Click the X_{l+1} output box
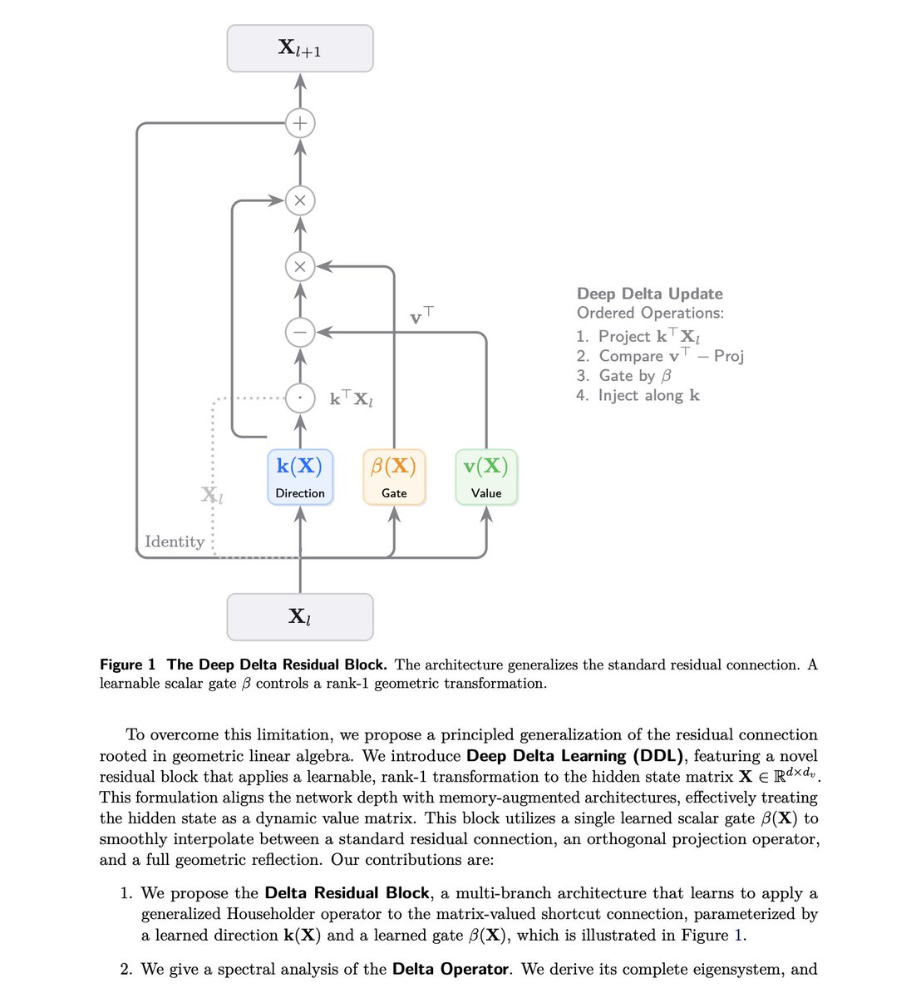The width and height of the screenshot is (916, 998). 300,48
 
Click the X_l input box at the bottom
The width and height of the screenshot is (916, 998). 300,616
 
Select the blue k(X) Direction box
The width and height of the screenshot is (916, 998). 300,477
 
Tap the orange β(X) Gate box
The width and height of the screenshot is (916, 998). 394,477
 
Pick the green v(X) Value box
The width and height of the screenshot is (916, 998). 486,477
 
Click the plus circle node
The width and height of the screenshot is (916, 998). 300,124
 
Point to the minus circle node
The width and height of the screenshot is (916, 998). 300,333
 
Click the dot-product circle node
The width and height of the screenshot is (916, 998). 300,398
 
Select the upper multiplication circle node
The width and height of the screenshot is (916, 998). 300,200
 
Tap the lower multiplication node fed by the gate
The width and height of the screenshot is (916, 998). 300,267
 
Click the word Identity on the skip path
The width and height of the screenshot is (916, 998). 175,541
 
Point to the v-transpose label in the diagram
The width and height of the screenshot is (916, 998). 421,316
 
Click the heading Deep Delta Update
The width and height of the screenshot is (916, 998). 649,294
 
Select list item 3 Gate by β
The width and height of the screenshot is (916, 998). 624,375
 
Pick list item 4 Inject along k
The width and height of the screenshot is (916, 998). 638,395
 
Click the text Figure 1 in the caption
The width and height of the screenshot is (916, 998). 127,665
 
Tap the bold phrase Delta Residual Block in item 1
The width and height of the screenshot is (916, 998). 347,893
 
